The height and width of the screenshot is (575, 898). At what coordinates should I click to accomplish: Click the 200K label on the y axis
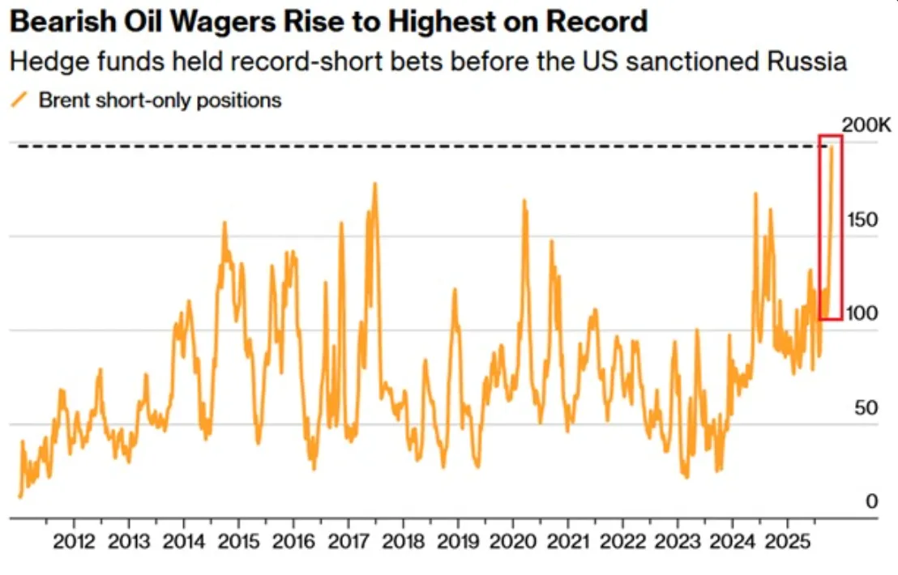coord(866,126)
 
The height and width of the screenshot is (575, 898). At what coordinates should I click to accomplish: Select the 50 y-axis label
coord(868,407)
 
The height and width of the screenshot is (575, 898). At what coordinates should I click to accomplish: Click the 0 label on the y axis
coord(872,501)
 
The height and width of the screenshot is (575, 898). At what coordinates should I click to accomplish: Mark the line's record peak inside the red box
coord(831,147)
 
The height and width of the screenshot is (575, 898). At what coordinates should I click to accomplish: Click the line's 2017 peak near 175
coord(374,184)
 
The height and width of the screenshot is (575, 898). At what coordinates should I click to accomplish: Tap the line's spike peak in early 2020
coord(524,200)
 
